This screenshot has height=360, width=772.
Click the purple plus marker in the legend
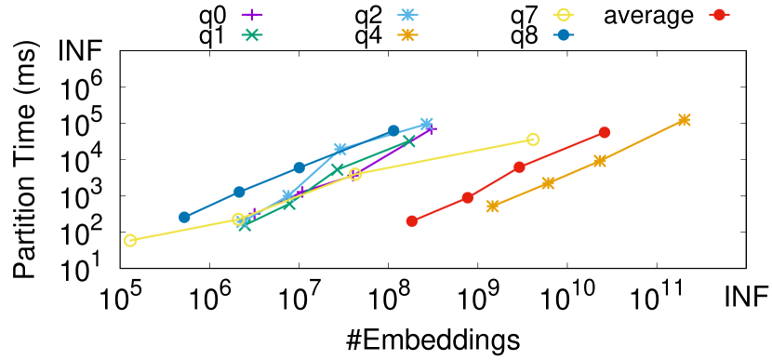click(x=251, y=15)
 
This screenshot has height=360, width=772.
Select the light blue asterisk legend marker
click(x=407, y=15)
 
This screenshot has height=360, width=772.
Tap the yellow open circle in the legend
click(x=563, y=15)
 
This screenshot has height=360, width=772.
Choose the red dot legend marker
click(x=719, y=15)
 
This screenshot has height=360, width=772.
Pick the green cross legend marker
click(x=251, y=35)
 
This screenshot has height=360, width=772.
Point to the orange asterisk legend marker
click(x=407, y=35)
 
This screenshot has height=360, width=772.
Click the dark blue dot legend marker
click(x=563, y=35)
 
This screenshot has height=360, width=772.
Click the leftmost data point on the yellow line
click(x=130, y=240)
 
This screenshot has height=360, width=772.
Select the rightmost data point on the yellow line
click(x=533, y=140)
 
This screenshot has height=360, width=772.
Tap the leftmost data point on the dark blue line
click(x=184, y=217)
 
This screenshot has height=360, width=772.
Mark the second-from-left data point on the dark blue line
click(x=239, y=192)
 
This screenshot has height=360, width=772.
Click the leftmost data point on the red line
click(x=412, y=220)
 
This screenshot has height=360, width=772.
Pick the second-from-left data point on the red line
click(x=468, y=197)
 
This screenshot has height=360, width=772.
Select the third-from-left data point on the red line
click(x=519, y=167)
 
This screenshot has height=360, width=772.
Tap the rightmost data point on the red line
click(x=605, y=132)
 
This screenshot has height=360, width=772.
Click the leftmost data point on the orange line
click(x=493, y=206)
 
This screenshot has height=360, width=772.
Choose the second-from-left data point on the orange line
click(x=549, y=183)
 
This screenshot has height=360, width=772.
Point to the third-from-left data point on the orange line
click(x=600, y=161)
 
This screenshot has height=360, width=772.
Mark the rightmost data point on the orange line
click(x=685, y=119)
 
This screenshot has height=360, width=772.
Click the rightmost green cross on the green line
click(x=408, y=140)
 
